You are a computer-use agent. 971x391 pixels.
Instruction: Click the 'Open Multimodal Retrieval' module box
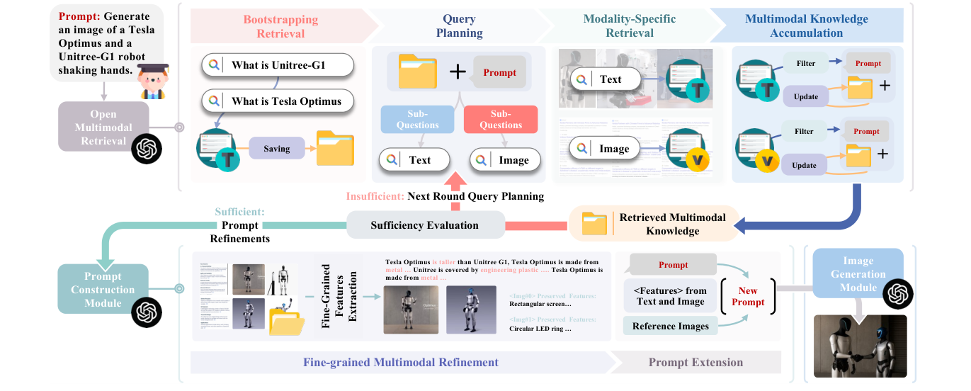coord(103,127)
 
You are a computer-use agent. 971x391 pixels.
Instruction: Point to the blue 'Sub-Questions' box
coord(417,119)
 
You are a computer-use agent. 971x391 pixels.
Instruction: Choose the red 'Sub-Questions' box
coord(501,119)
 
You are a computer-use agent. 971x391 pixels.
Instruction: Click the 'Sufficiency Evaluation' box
coord(424,225)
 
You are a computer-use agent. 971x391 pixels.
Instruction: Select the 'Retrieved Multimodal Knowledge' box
coord(652,225)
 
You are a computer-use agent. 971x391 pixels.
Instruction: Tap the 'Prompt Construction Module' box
coord(103,290)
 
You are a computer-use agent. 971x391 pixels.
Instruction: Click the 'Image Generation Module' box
coord(858,274)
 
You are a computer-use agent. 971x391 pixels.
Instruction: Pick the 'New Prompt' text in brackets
coord(748,296)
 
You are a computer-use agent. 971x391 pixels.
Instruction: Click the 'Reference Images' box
coord(670,326)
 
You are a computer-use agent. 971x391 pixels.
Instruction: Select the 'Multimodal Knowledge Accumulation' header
coord(806,26)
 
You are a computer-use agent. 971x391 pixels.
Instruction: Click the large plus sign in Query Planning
coord(458,72)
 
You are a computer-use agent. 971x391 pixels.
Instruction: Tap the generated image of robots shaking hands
coord(860,345)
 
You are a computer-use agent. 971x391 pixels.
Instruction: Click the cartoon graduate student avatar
coord(152,81)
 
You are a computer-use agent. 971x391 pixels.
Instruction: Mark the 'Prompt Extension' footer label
coord(695,363)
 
